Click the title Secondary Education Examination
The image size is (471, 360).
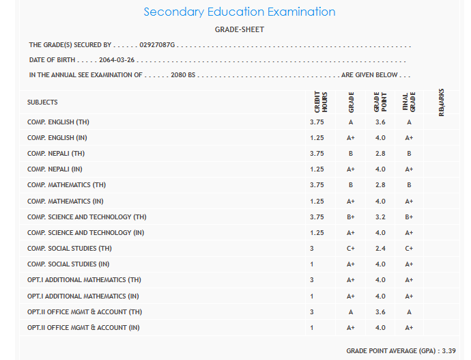[240, 12]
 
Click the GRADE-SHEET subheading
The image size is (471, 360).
[240, 29]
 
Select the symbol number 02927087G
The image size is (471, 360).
[158, 45]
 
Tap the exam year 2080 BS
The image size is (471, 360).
[183, 75]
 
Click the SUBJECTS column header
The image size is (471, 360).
[42, 102]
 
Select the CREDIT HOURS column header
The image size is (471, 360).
[317, 102]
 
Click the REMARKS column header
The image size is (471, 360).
[442, 102]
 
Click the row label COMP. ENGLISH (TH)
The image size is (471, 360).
[58, 122]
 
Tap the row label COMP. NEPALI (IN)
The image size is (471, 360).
[55, 169]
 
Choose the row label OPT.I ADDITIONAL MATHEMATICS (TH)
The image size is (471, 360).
[84, 280]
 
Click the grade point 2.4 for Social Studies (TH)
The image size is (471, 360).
[380, 249]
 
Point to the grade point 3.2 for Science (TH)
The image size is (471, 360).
[380, 217]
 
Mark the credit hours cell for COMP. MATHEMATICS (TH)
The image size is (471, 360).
[317, 185]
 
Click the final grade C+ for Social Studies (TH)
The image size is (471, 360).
[409, 249]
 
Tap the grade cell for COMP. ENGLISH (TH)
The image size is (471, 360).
[350, 122]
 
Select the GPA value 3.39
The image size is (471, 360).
[448, 350]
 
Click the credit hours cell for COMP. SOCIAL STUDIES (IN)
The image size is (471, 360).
[312, 264]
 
